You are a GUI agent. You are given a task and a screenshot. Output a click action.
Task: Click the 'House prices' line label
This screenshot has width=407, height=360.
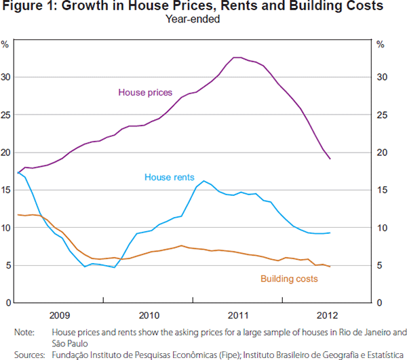point(145,92)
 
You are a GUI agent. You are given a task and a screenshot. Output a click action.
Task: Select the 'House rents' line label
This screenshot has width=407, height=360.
point(168,178)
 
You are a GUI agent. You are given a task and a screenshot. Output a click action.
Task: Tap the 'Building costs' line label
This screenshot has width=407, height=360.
point(288,279)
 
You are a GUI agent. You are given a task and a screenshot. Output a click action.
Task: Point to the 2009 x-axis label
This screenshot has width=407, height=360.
point(60,315)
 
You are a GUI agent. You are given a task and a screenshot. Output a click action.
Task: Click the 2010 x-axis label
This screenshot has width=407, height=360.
point(149,315)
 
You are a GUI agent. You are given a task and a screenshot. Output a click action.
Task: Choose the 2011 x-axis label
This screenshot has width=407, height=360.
point(238,315)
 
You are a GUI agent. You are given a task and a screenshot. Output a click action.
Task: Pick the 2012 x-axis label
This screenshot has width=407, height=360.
point(327,315)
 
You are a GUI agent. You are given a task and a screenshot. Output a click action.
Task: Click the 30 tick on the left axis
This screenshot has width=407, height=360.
point(5,77)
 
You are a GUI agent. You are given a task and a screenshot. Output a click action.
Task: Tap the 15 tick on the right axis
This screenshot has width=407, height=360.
point(381,190)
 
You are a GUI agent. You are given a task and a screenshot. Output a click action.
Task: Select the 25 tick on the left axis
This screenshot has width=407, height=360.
point(5,115)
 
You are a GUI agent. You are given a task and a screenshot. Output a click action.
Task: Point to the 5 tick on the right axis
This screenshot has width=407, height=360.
point(379,265)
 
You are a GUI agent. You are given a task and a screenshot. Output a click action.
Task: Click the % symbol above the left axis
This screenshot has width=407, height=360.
point(5,45)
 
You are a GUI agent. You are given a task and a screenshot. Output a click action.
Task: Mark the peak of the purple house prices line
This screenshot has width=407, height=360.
point(237,58)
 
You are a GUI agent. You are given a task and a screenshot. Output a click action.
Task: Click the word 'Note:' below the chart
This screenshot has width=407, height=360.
point(24,333)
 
